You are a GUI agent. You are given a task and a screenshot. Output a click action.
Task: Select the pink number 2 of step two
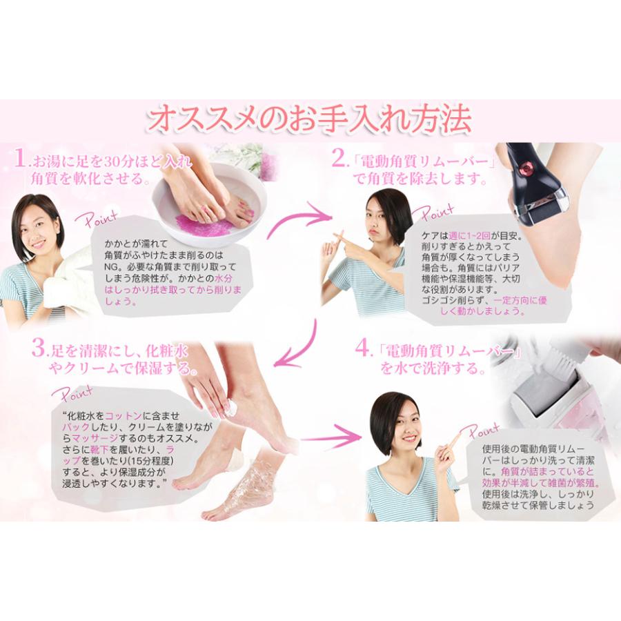click(338, 161)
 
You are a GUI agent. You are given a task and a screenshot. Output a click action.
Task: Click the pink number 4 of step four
click(364, 350)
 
